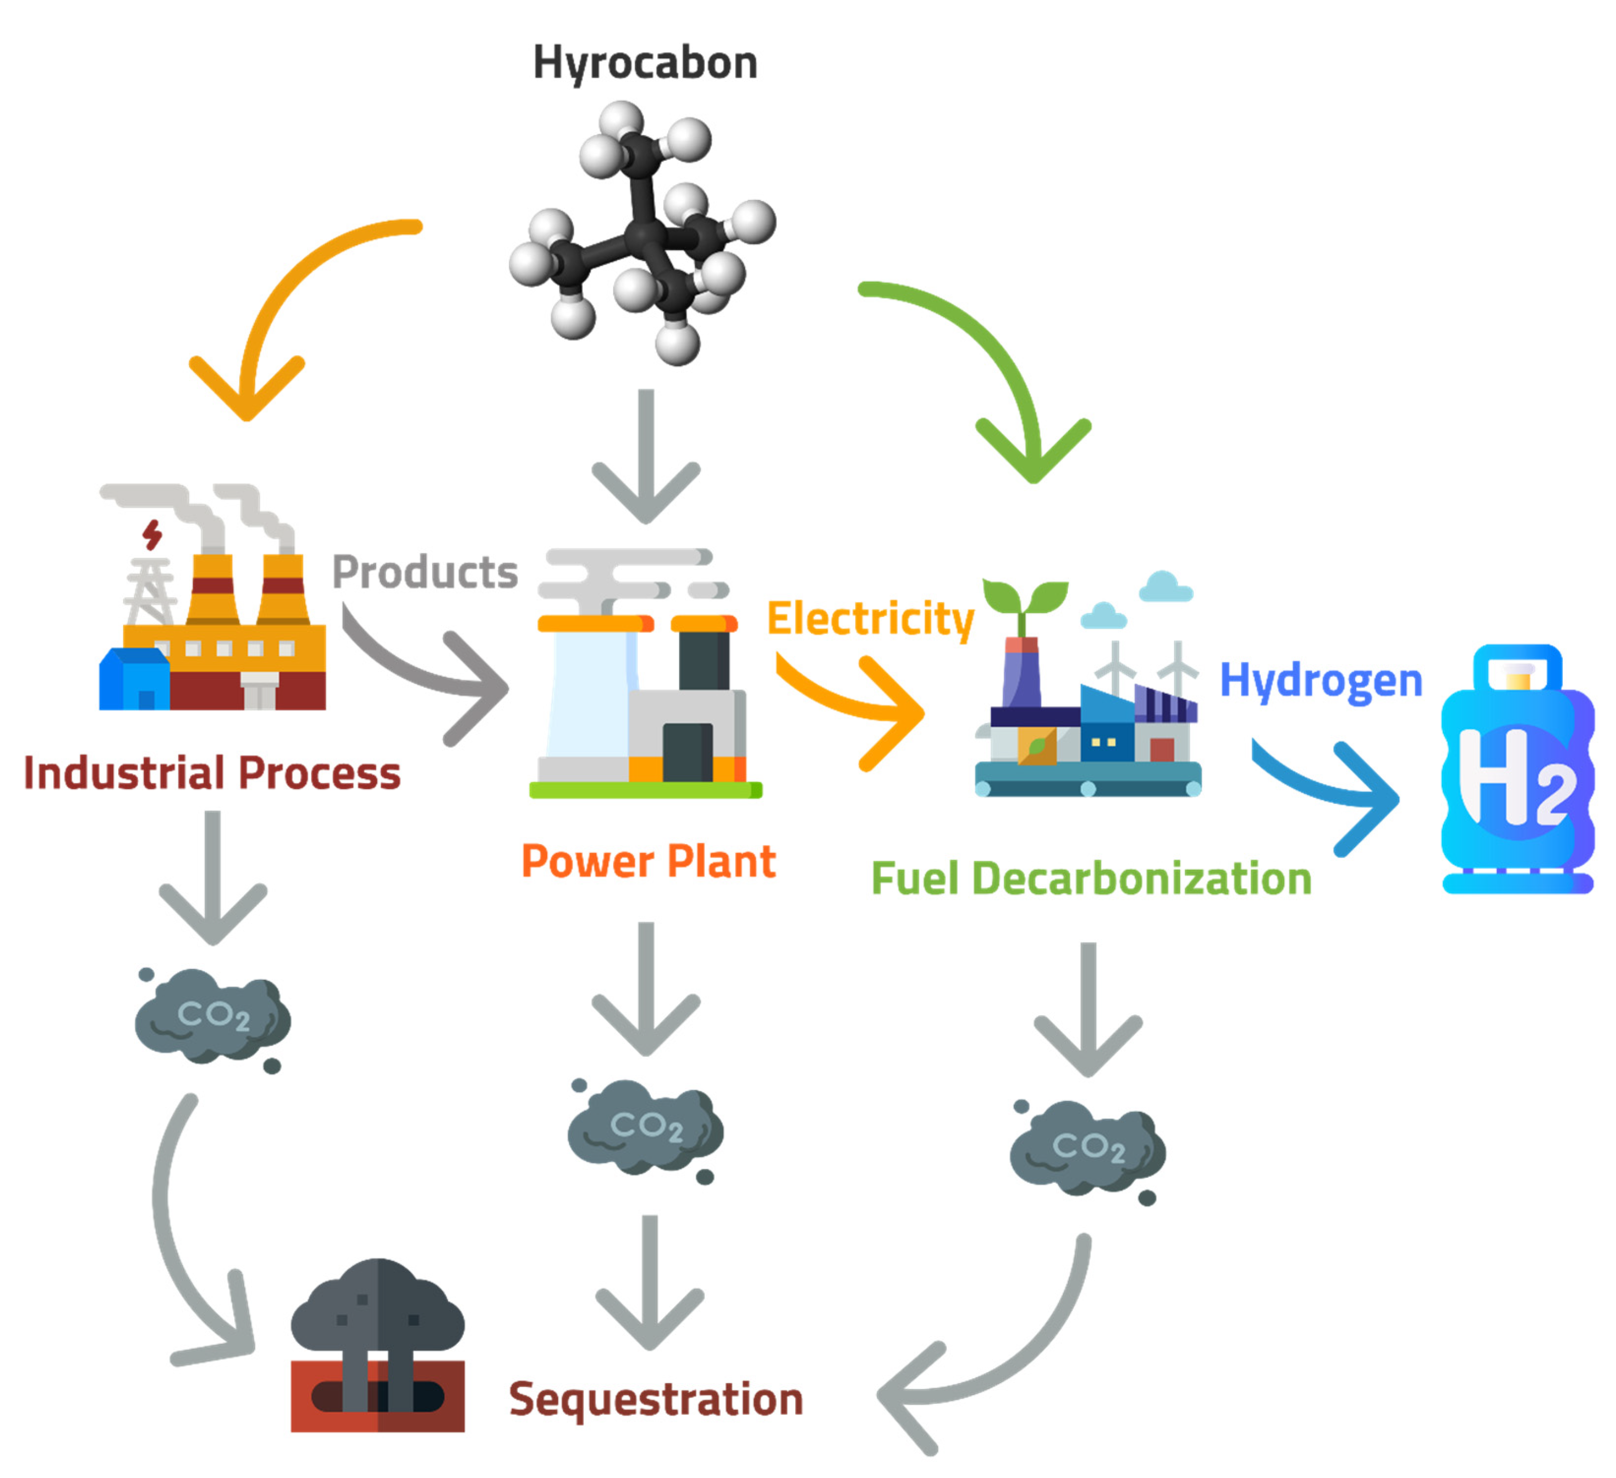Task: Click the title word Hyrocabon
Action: (x=645, y=62)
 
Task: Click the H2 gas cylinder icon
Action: (x=1517, y=769)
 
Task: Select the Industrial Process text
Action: (x=213, y=774)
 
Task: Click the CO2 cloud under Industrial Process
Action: (x=213, y=1018)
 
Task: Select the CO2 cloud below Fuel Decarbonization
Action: (x=1088, y=1149)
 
